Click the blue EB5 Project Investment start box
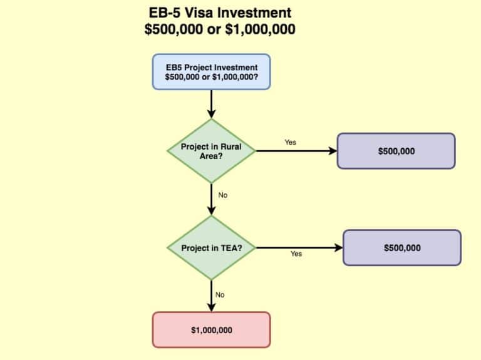[x=211, y=71]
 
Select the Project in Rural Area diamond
[x=211, y=151]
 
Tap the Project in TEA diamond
[x=211, y=248]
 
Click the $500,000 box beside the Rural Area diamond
[x=396, y=151]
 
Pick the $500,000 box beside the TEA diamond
[x=401, y=248]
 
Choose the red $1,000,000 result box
[x=211, y=329]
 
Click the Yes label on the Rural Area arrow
[x=290, y=142]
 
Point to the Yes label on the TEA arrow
[x=296, y=254]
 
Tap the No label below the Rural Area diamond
[x=222, y=195]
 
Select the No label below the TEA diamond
[x=220, y=295]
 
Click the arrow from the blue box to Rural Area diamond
[x=211, y=104]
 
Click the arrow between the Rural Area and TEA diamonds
[x=211, y=200]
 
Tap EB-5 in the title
[x=166, y=13]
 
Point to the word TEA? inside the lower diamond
[x=230, y=248]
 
